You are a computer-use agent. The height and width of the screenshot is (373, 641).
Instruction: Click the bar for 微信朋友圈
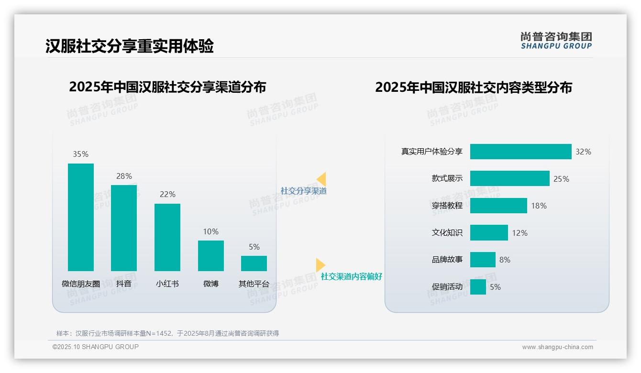[81, 217]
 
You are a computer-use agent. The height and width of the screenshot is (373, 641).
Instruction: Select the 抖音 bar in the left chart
[124, 228]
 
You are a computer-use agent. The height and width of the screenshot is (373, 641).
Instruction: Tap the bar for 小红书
[167, 237]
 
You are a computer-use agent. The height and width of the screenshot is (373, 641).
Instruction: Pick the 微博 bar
[211, 255]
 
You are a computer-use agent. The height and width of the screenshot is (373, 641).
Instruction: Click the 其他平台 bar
[254, 263]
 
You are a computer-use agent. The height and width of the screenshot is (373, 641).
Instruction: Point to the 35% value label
[81, 154]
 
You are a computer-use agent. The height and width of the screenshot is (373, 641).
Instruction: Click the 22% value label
[167, 195]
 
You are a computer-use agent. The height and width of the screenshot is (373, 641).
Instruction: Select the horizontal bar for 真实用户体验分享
[520, 152]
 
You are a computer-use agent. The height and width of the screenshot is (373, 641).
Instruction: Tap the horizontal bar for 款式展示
[509, 178]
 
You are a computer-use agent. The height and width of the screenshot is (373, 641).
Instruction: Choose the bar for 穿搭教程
[498, 206]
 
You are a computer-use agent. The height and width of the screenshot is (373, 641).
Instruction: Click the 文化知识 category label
[447, 233]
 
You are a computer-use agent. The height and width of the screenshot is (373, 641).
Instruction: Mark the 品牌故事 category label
[447, 260]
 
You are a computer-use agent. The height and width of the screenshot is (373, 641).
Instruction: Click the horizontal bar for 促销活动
[478, 287]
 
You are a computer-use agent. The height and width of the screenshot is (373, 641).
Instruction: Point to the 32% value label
[583, 152]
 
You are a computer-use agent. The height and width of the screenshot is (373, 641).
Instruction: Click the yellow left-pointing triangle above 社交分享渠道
[321, 179]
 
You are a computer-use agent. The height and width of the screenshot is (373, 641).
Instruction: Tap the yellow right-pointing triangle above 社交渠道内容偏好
[320, 265]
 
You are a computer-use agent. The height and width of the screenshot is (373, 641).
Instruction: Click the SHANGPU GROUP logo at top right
[556, 41]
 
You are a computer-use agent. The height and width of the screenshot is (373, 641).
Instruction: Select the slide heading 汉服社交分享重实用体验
[130, 46]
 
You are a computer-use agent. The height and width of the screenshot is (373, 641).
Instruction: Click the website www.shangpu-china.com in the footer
[557, 347]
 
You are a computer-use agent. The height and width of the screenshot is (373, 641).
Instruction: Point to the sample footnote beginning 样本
[167, 333]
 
